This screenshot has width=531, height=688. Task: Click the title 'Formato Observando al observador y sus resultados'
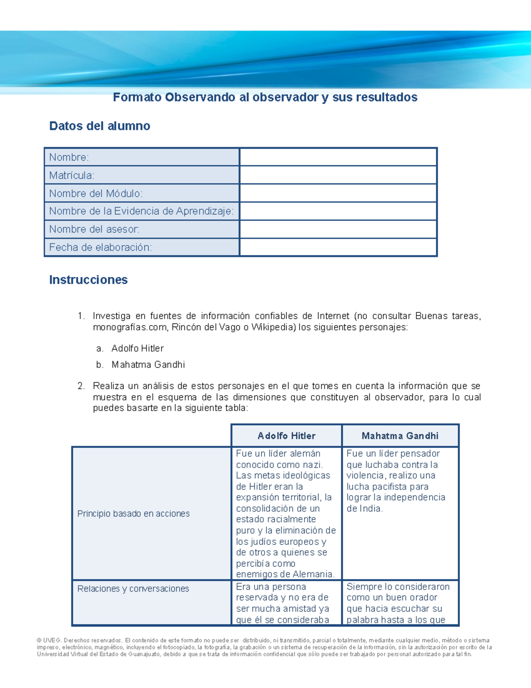pyautogui.click(x=265, y=97)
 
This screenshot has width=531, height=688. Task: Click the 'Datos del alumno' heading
pyautogui.click(x=100, y=126)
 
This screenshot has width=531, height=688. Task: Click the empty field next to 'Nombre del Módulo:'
pyautogui.click(x=338, y=194)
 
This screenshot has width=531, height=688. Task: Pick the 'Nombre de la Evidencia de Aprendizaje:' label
pyautogui.click(x=141, y=211)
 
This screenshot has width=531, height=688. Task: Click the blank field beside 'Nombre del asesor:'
pyautogui.click(x=338, y=229)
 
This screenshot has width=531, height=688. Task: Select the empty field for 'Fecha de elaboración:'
pyautogui.click(x=338, y=248)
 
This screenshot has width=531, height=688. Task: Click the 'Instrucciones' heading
pyautogui.click(x=88, y=280)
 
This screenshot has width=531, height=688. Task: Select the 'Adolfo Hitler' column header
pyautogui.click(x=286, y=436)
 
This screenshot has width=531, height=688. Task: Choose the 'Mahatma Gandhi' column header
pyautogui.click(x=400, y=436)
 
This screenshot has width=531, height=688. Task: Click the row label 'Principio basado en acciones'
pyautogui.click(x=133, y=514)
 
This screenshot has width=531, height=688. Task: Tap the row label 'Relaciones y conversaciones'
pyautogui.click(x=133, y=589)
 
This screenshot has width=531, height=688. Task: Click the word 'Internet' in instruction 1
pyautogui.click(x=333, y=316)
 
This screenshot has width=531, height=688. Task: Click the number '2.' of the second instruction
pyautogui.click(x=81, y=386)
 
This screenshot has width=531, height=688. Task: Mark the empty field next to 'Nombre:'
pyautogui.click(x=338, y=157)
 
